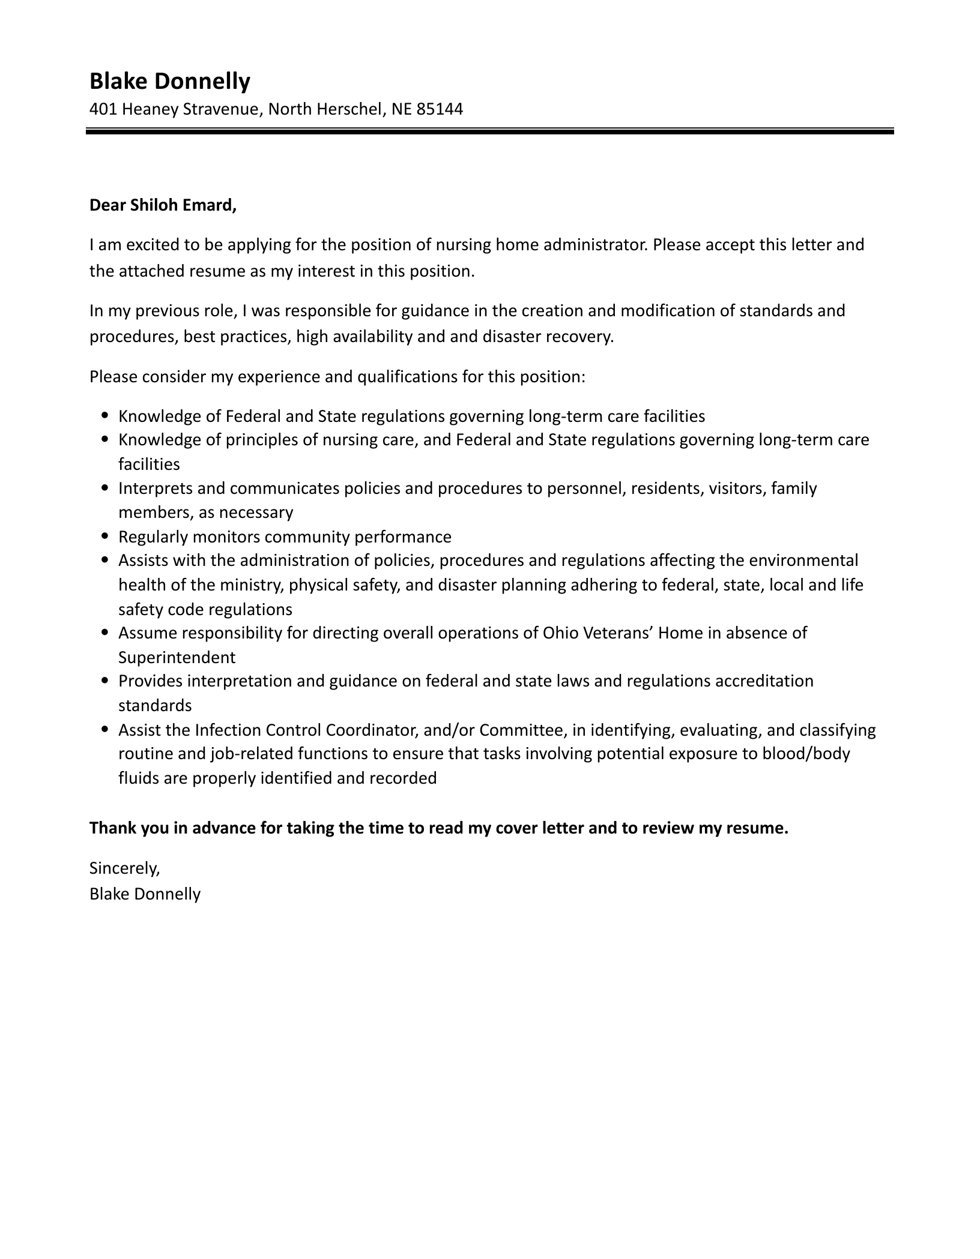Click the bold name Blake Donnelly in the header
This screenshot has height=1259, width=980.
tap(169, 80)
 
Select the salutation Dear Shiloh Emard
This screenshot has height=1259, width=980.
tap(163, 205)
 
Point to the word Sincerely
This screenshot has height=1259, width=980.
tap(124, 868)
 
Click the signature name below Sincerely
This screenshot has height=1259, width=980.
tap(145, 894)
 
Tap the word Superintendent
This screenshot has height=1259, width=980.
tap(177, 657)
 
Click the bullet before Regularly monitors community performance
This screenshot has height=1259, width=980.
tap(106, 536)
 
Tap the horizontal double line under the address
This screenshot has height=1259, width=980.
tap(489, 130)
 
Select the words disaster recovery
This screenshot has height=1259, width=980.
tap(548, 336)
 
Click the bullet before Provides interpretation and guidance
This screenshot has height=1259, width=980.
tap(106, 681)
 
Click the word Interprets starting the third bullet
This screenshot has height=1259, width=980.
tap(155, 488)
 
